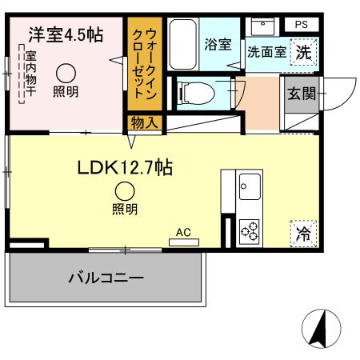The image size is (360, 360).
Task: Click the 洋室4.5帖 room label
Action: (66, 35)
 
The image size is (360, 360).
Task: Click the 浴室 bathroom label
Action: (216, 45)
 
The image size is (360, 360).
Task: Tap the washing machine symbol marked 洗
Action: (304, 54)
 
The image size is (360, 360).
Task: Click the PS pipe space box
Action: (301, 24)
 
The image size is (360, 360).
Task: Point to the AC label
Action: (183, 232)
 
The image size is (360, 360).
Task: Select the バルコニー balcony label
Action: (106, 279)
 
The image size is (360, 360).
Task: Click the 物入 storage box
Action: (144, 122)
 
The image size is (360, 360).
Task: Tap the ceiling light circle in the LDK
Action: (123, 191)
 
